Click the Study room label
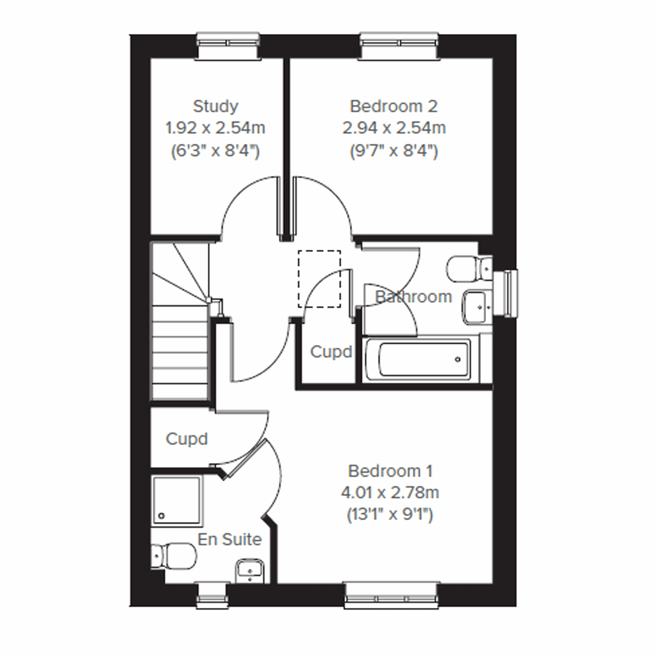[x=215, y=106]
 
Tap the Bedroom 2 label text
[x=394, y=106]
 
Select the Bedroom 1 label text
[x=390, y=471]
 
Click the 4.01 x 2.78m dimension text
[x=390, y=493]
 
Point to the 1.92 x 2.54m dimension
[x=215, y=128]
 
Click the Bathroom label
[x=413, y=297]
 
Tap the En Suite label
[x=230, y=540]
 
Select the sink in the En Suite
[x=251, y=571]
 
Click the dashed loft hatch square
[x=319, y=278]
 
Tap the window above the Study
[x=228, y=46]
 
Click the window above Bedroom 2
[x=399, y=46]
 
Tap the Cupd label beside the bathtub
[x=331, y=352]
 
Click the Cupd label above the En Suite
[x=187, y=439]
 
